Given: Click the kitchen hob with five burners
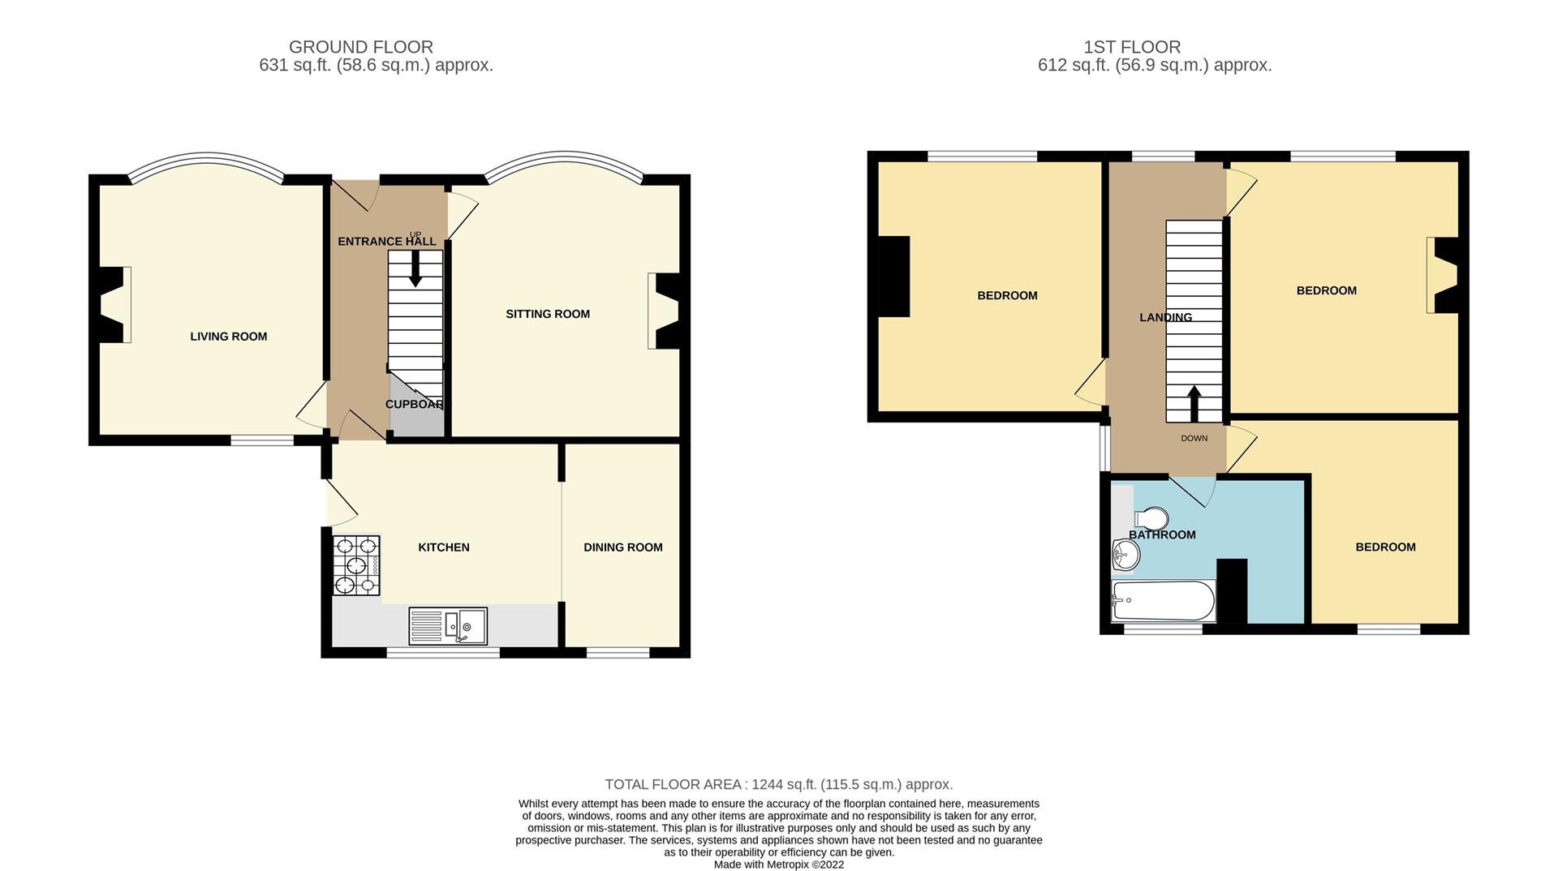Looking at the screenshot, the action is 356,565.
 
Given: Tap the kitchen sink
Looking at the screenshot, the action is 448,626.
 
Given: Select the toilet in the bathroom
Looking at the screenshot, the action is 1151,517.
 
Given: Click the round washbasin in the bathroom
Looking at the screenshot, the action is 1125,556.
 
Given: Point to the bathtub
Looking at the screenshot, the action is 1163,601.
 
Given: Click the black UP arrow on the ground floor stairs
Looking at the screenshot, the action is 415,268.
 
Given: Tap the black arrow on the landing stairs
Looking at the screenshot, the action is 1194,404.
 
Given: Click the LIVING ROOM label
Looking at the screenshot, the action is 229,337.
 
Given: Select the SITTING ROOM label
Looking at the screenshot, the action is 548,314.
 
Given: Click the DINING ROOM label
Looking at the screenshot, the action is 623,547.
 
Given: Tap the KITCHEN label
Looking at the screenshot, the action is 444,547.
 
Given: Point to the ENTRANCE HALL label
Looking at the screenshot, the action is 387,241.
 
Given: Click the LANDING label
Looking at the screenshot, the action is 1166,317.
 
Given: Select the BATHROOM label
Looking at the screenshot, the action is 1163,534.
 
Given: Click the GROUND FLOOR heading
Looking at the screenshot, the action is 361,47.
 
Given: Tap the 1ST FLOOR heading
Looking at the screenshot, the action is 1132,47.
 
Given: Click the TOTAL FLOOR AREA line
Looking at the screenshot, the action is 779,784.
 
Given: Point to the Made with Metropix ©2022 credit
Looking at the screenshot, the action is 779,865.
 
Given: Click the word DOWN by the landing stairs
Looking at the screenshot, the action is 1194,439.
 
